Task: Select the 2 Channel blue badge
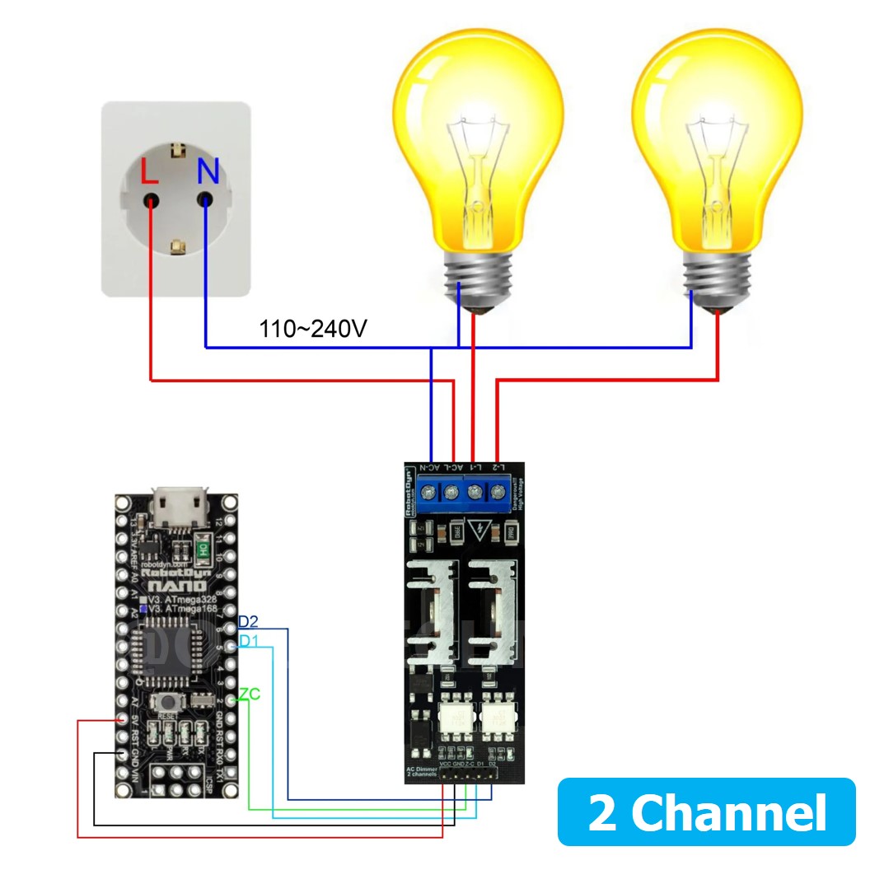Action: (x=707, y=812)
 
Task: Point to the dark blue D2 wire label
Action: (x=248, y=621)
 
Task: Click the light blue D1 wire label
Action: (x=247, y=641)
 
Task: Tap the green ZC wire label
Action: (x=249, y=695)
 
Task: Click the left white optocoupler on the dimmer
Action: (x=454, y=716)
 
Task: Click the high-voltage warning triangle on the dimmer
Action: (x=475, y=530)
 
